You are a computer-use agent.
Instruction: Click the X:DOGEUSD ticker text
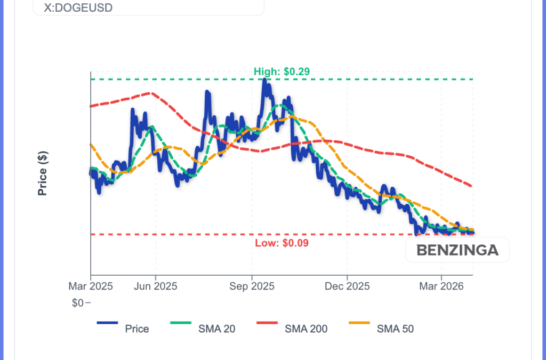pyautogui.click(x=82, y=9)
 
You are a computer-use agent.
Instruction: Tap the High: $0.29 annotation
pyautogui.click(x=282, y=71)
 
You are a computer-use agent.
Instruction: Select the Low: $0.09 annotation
pyautogui.click(x=282, y=243)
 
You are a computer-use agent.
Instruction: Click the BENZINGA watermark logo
pyautogui.click(x=457, y=250)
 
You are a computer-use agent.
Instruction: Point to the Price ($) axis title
pyautogui.click(x=43, y=173)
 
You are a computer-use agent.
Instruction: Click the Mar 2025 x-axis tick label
pyautogui.click(x=91, y=286)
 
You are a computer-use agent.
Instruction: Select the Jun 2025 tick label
pyautogui.click(x=156, y=286)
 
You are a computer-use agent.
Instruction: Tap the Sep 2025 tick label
pyautogui.click(x=252, y=286)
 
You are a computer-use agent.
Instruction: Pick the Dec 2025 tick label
pyautogui.click(x=347, y=286)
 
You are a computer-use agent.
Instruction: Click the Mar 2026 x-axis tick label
pyautogui.click(x=441, y=286)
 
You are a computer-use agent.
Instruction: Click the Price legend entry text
pyautogui.click(x=137, y=329)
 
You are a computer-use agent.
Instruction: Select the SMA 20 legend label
pyautogui.click(x=217, y=329)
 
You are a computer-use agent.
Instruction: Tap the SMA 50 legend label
pyautogui.click(x=395, y=329)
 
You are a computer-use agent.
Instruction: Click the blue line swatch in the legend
pyautogui.click(x=107, y=323)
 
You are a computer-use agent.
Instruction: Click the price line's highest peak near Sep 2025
pyautogui.click(x=264, y=80)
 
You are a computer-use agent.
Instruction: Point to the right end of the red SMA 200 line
pyautogui.click(x=472, y=186)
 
